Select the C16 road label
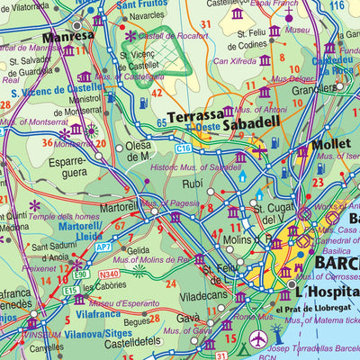coord(184,146)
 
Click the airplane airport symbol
coord(260,339)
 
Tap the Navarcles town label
coord(147,16)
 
